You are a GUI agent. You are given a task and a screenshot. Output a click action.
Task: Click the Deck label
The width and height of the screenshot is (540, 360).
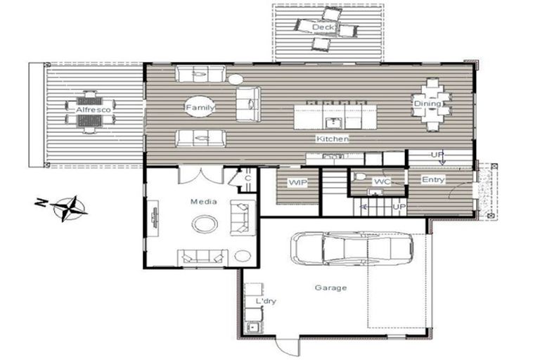[x=323, y=27]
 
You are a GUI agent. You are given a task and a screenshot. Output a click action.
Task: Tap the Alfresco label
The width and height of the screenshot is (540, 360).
[x=94, y=110]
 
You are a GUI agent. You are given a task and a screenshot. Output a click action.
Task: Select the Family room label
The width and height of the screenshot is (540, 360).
[x=200, y=108]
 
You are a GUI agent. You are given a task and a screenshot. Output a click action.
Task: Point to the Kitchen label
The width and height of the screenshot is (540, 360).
[x=333, y=139]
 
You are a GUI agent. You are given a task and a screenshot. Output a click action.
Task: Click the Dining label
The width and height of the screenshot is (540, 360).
[x=427, y=103]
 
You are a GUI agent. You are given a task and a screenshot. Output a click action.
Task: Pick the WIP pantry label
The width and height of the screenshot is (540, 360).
[x=297, y=183]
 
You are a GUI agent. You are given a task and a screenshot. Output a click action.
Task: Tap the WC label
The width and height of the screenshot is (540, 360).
[x=382, y=181]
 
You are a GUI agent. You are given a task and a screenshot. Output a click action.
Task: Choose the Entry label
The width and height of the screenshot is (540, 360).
[x=433, y=179]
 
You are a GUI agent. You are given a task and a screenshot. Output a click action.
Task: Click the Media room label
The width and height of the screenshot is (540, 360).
[x=204, y=202]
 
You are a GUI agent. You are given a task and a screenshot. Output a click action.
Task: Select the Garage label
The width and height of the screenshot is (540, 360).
[x=330, y=288]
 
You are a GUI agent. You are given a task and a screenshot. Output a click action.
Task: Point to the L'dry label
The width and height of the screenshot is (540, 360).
[x=266, y=301]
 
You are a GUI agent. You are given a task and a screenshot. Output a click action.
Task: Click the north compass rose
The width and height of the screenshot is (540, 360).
[x=69, y=208]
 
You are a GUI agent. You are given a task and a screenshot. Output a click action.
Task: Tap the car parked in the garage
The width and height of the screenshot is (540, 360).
[x=352, y=248]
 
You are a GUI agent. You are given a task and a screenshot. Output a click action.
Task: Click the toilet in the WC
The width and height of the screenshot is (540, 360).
[x=359, y=176]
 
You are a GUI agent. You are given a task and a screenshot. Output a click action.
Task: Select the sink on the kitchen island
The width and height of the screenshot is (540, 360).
[x=333, y=122]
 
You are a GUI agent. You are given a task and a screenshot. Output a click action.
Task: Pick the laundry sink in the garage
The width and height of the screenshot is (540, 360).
[x=253, y=326]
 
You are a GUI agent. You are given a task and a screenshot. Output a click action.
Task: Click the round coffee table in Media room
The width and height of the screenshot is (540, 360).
[x=205, y=224]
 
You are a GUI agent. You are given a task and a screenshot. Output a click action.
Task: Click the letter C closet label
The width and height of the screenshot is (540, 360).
[x=247, y=179]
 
